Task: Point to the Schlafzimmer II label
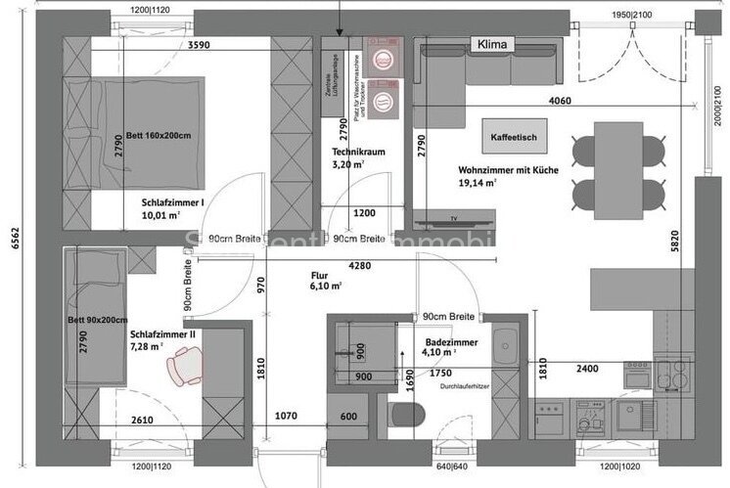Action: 162,334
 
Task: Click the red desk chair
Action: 183,370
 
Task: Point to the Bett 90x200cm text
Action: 99,321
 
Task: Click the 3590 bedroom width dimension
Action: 200,45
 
